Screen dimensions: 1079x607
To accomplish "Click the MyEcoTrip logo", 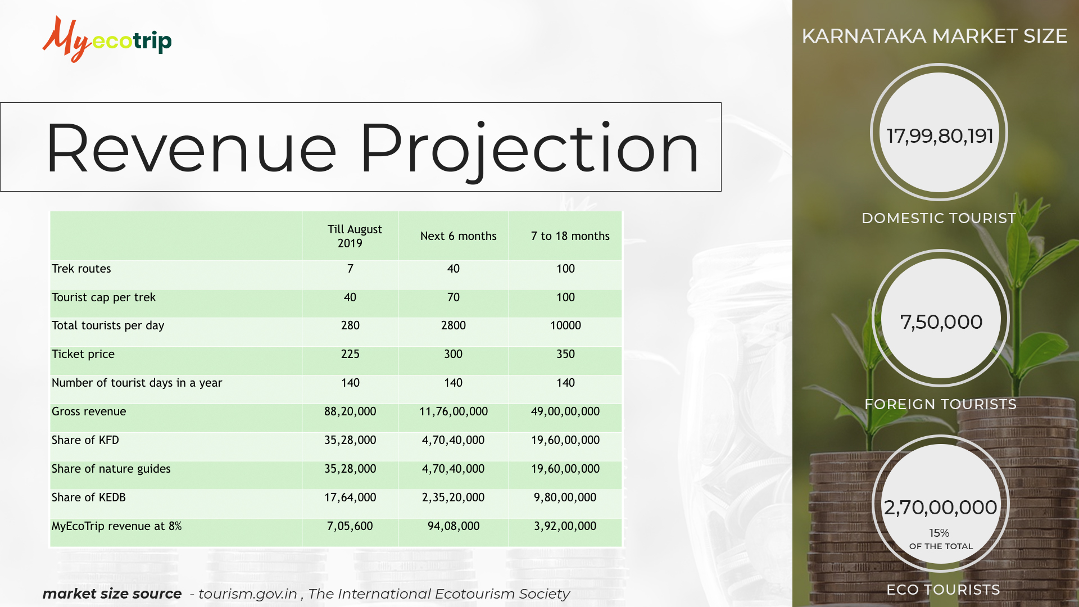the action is [x=107, y=39].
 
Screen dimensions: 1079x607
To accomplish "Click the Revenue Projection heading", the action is [x=372, y=148].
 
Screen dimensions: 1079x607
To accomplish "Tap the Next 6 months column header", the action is [x=459, y=236].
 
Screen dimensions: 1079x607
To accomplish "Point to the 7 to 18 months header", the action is [x=570, y=236].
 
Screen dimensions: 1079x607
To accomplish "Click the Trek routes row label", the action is [x=81, y=269].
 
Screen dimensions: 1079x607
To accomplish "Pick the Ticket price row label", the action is [x=83, y=354].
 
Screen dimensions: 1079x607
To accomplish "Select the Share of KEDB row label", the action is [x=89, y=497].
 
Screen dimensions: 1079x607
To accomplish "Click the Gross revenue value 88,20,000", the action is [x=350, y=411].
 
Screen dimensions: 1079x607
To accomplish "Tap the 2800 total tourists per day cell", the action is [x=454, y=325].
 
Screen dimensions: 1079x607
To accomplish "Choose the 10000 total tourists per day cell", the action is [x=566, y=325].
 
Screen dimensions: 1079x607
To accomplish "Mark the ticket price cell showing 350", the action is [x=566, y=354].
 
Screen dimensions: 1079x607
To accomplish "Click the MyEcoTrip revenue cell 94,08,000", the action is [x=454, y=526].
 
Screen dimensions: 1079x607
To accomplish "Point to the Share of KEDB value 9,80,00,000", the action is [x=565, y=497].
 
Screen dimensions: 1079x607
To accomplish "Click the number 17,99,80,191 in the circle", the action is [x=940, y=136].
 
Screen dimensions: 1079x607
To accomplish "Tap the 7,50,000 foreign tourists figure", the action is [x=941, y=322].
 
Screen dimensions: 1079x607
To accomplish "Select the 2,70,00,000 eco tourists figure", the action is [x=941, y=508].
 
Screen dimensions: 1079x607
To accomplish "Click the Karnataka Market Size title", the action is [x=934, y=36].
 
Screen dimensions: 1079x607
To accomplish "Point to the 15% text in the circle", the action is [x=939, y=533].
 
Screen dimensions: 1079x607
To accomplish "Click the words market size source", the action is [x=112, y=594].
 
